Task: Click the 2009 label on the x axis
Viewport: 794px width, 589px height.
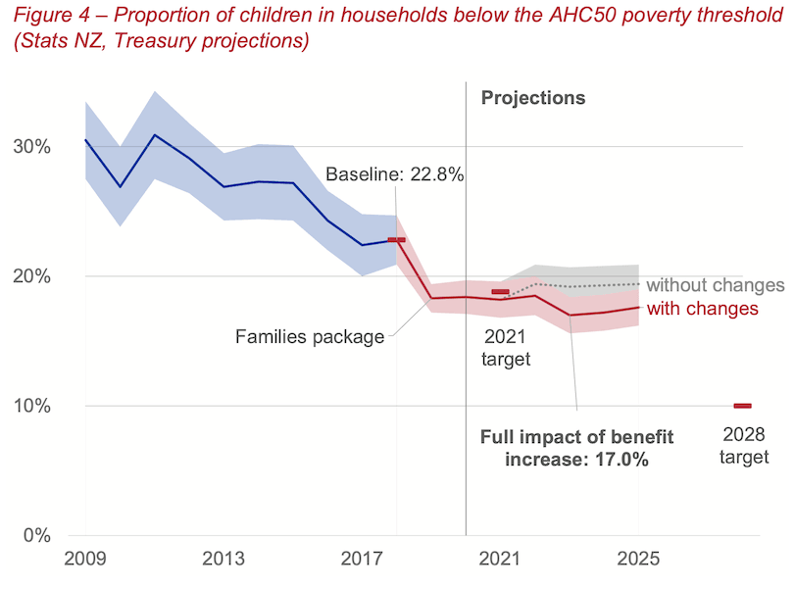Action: point(85,562)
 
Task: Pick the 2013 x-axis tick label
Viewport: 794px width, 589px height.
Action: point(223,562)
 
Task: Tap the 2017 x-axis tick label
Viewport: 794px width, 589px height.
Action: point(362,562)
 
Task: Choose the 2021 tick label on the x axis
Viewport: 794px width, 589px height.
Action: point(500,562)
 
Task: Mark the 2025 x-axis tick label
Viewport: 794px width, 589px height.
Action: point(638,562)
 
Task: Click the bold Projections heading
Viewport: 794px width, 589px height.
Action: point(532,98)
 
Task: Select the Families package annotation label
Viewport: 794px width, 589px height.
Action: point(311,337)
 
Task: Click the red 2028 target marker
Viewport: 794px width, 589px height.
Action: point(742,406)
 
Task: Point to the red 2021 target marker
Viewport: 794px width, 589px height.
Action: point(500,292)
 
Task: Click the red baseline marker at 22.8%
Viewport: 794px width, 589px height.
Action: point(396,240)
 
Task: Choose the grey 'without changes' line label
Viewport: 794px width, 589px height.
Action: point(716,285)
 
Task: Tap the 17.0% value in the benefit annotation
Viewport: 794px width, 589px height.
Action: point(621,459)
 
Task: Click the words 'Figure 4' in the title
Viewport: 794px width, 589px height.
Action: point(44,15)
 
